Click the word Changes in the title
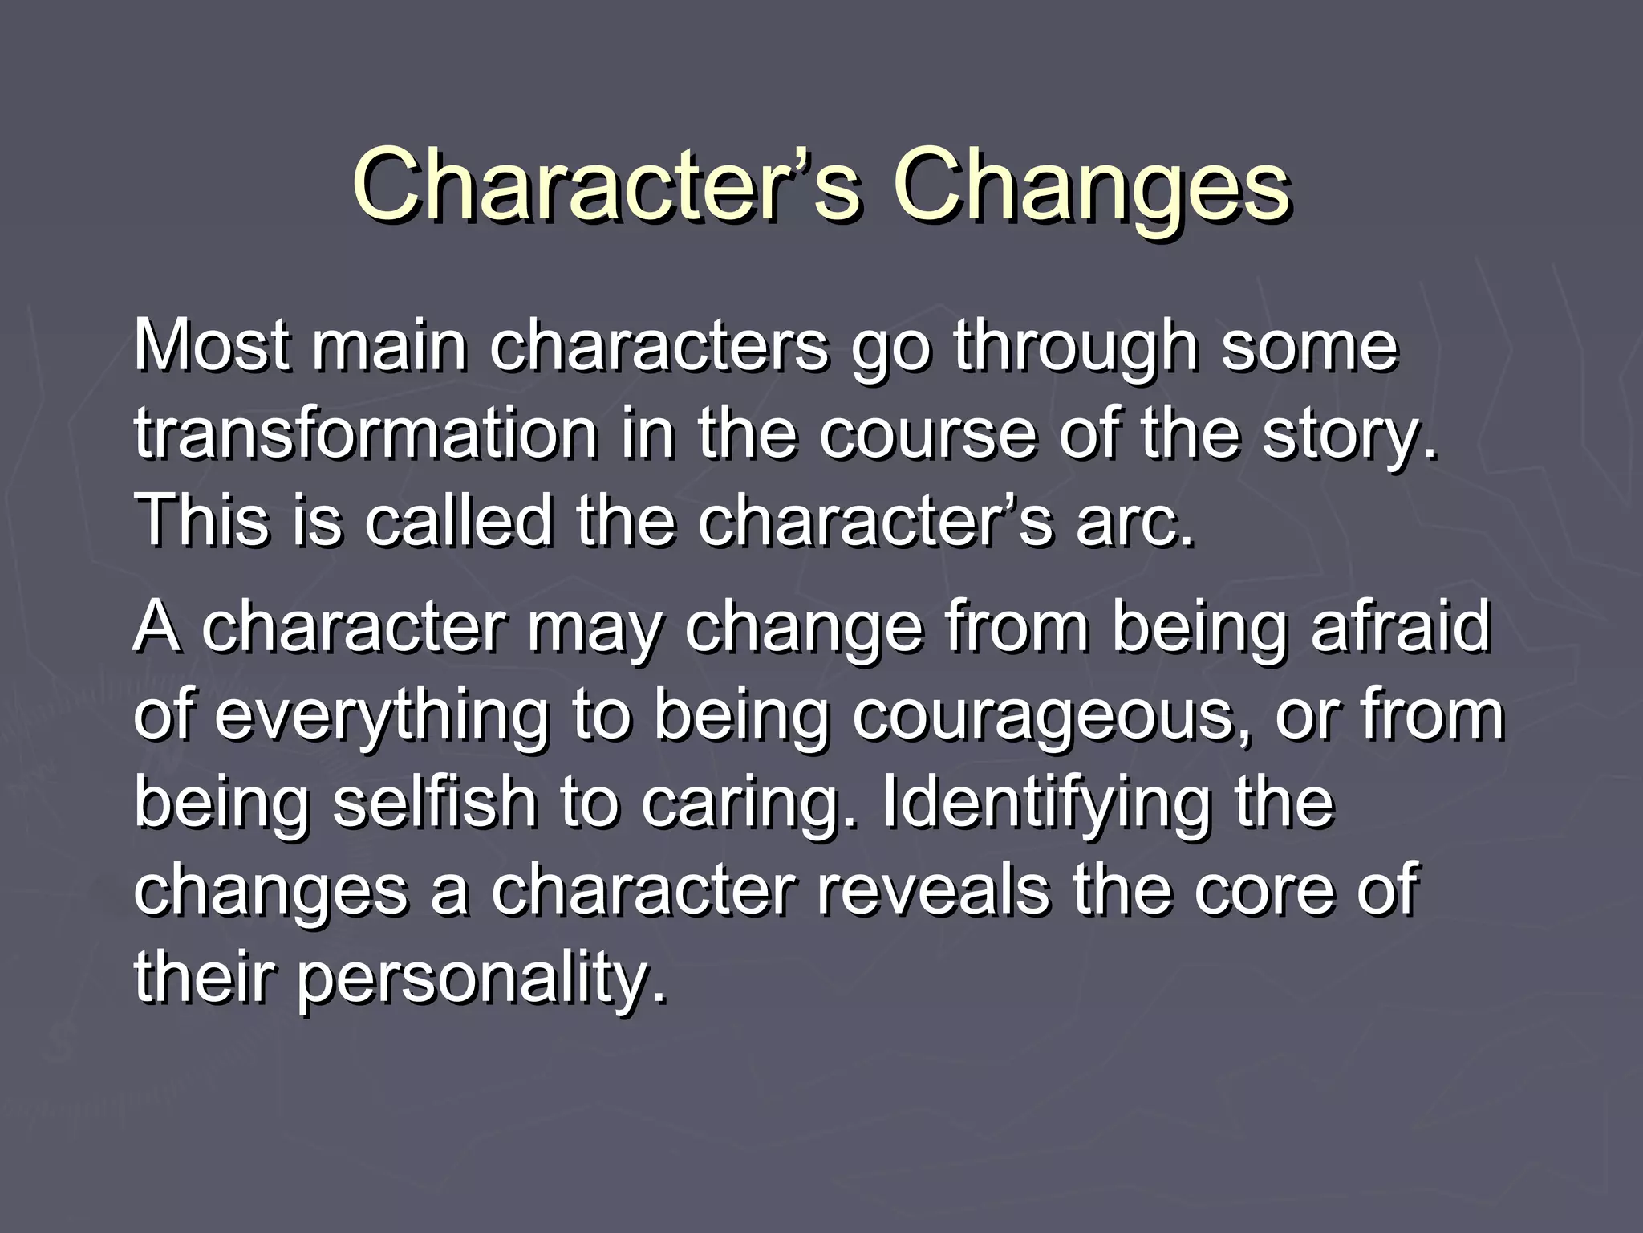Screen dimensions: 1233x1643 [x=1092, y=186]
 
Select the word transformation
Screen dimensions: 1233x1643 [x=366, y=433]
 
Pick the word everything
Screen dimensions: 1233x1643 [x=382, y=717]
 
